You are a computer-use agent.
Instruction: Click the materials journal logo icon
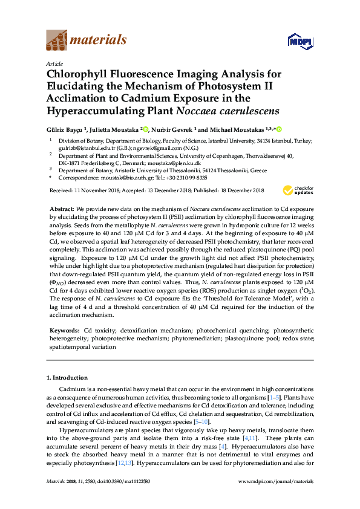tap(57, 41)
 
